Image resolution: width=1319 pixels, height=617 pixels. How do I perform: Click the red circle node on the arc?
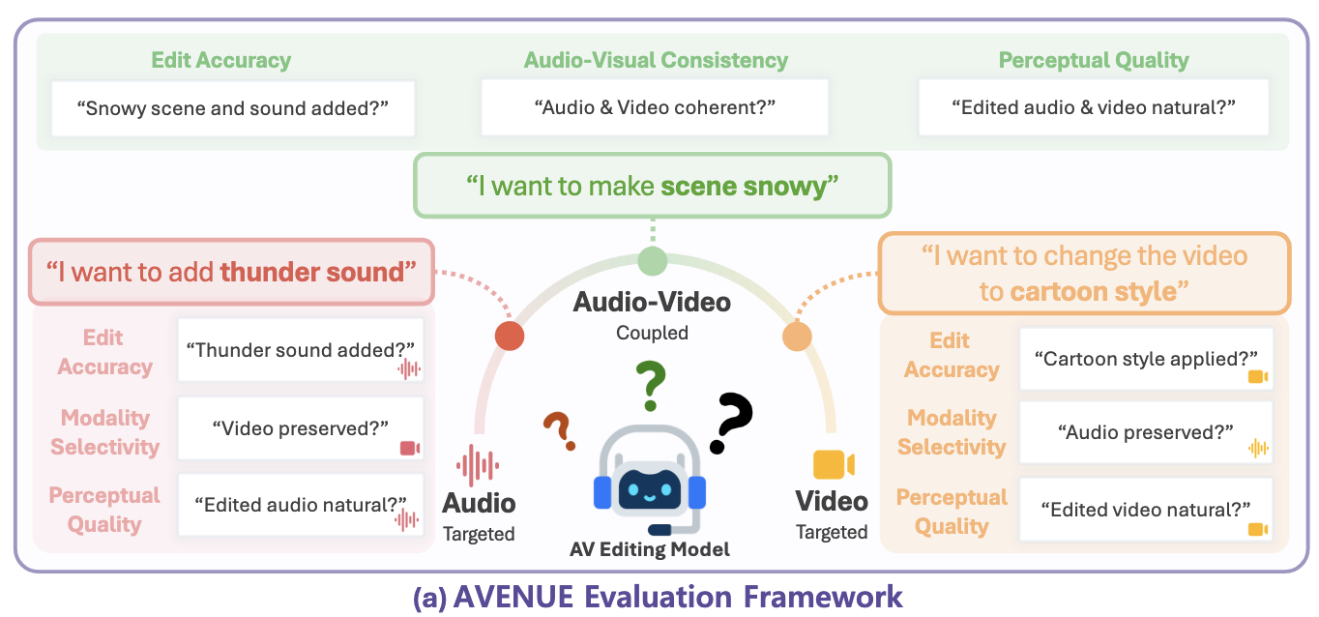click(x=510, y=336)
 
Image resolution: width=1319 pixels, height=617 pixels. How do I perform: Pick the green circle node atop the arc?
click(x=653, y=261)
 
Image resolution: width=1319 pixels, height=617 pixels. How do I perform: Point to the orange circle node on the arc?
click(x=797, y=337)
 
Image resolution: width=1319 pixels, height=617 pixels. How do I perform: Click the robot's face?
click(x=650, y=488)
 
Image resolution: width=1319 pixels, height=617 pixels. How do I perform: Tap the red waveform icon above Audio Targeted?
click(x=478, y=465)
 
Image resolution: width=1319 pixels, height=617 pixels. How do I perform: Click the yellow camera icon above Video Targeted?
click(x=834, y=464)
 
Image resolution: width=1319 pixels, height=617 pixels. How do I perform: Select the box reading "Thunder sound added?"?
click(x=301, y=350)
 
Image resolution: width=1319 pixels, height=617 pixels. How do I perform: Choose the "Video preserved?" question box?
click(x=301, y=428)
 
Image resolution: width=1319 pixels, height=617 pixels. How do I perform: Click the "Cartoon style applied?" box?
click(x=1146, y=359)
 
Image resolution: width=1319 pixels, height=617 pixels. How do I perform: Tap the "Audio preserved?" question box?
click(x=1146, y=432)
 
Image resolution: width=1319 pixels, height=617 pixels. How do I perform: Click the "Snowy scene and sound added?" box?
click(x=233, y=109)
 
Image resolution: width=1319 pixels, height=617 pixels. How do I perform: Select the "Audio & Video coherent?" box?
click(x=655, y=107)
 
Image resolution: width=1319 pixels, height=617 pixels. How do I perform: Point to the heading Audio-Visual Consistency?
click(x=656, y=60)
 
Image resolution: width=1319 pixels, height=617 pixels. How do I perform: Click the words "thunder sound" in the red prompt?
click(x=311, y=272)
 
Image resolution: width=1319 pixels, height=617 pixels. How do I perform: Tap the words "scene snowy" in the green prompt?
click(x=744, y=187)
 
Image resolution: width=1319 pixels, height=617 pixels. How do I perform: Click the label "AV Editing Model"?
click(x=650, y=549)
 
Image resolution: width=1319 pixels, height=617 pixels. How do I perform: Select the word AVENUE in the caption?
click(x=513, y=597)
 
